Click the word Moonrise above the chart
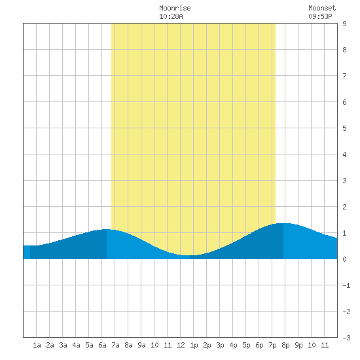click(175, 8)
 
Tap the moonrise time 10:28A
click(171, 16)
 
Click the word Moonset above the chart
click(322, 8)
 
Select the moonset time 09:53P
click(320, 16)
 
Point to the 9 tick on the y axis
click(344, 24)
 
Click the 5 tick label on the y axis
click(344, 128)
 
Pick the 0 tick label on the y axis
click(344, 259)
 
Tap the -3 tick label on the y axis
click(346, 338)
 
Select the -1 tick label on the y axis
click(346, 285)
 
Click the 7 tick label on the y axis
click(344, 76)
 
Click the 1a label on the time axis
click(37, 345)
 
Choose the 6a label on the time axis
click(102, 345)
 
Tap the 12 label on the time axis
click(181, 345)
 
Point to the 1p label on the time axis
click(194, 345)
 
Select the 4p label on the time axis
click(233, 345)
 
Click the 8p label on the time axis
click(285, 345)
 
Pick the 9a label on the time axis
click(141, 345)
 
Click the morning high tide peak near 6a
click(106, 229)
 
